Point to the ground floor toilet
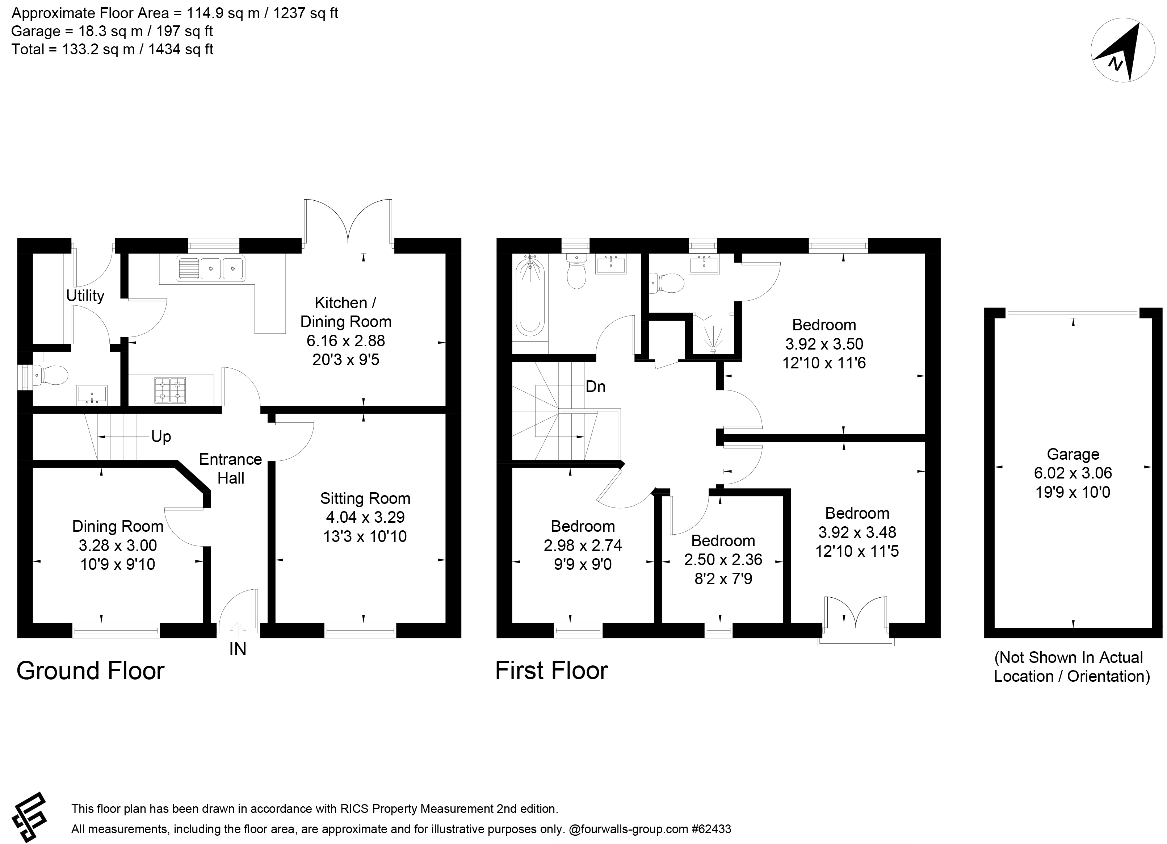(x=50, y=375)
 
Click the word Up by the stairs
(x=161, y=436)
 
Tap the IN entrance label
(x=238, y=649)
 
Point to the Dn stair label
(x=595, y=386)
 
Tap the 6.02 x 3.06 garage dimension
(x=1073, y=473)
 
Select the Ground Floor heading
(x=91, y=671)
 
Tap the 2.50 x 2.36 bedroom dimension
(x=723, y=559)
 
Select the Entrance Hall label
(x=231, y=468)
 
